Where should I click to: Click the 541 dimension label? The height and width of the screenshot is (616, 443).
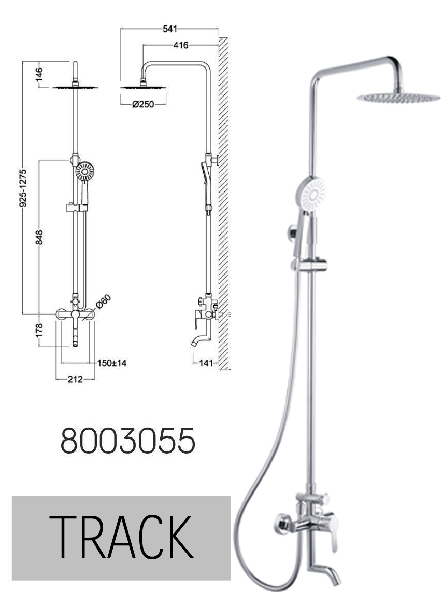coord(169,29)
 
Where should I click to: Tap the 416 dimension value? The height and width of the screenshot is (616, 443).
coord(181,46)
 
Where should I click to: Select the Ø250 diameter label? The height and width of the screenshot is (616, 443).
coord(143,104)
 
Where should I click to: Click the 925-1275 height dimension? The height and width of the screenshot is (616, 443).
coord(23,188)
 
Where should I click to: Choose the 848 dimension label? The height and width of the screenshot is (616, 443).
coord(39,237)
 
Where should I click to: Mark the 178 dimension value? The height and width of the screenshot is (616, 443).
coord(39,331)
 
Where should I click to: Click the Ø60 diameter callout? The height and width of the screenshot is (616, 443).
coord(104,302)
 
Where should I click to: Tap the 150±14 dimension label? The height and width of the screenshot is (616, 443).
coord(112,363)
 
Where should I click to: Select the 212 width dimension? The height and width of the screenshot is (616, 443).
coord(75,379)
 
